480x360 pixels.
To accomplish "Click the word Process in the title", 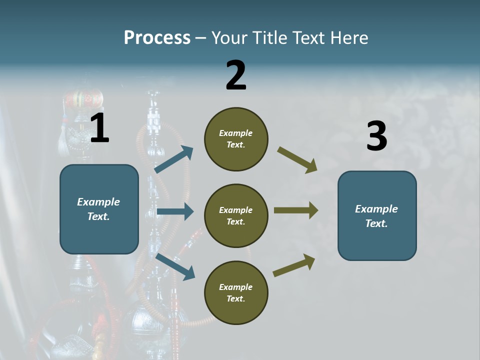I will (x=157, y=38).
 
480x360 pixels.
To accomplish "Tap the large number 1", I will (x=99, y=128).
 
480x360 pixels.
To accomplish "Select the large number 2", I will (x=236, y=76).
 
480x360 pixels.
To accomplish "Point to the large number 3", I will (x=376, y=137).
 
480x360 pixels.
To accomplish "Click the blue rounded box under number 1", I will (x=99, y=209).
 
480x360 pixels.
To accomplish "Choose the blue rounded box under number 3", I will (x=377, y=215).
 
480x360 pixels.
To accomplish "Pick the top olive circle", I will (x=236, y=139).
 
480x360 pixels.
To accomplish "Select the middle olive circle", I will (x=236, y=215).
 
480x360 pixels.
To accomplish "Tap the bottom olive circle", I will (x=236, y=292).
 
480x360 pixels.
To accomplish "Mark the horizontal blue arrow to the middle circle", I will (x=174, y=211).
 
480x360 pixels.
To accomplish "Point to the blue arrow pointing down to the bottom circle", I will (x=175, y=266).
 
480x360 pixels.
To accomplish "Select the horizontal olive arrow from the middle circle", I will (x=295, y=210).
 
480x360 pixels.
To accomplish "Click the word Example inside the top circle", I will (x=236, y=133).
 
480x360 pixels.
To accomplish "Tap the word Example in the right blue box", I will (x=376, y=209).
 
